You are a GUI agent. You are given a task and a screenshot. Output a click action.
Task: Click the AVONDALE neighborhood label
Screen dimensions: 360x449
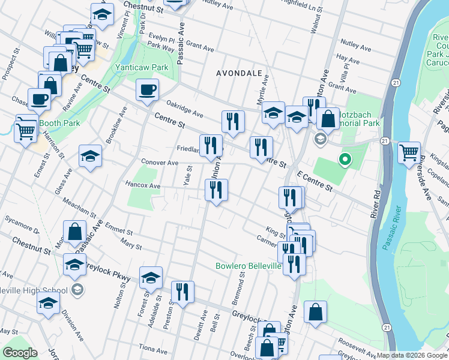pyautogui.click(x=240, y=73)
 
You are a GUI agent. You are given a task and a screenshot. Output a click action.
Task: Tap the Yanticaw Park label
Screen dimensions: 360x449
pyautogui.click(x=142, y=68)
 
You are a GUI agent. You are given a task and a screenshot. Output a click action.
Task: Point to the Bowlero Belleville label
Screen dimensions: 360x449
pyautogui.click(x=249, y=266)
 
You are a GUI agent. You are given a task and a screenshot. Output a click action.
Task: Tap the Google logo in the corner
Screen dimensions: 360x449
pyautogui.click(x=20, y=353)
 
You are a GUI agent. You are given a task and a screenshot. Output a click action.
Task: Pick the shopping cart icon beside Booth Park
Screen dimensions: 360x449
pyautogui.click(x=26, y=129)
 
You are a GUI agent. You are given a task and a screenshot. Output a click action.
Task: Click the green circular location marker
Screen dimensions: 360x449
pyautogui.click(x=345, y=160)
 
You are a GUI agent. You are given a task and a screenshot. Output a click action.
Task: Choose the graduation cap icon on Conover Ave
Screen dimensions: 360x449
pyautogui.click(x=90, y=157)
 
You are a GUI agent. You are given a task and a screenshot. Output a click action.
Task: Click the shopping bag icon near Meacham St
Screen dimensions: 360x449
pyautogui.click(x=74, y=232)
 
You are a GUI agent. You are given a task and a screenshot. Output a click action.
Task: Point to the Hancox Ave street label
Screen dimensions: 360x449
pyautogui.click(x=143, y=186)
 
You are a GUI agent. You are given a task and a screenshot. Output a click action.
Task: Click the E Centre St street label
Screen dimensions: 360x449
pyautogui.click(x=315, y=180)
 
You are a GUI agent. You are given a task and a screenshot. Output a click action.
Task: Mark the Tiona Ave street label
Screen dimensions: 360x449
pyautogui.click(x=152, y=349)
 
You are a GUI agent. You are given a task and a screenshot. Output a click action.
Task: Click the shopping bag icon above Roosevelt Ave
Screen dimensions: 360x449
pyautogui.click(x=315, y=313)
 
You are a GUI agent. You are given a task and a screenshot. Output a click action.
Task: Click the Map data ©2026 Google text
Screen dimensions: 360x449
pyautogui.click(x=412, y=355)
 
